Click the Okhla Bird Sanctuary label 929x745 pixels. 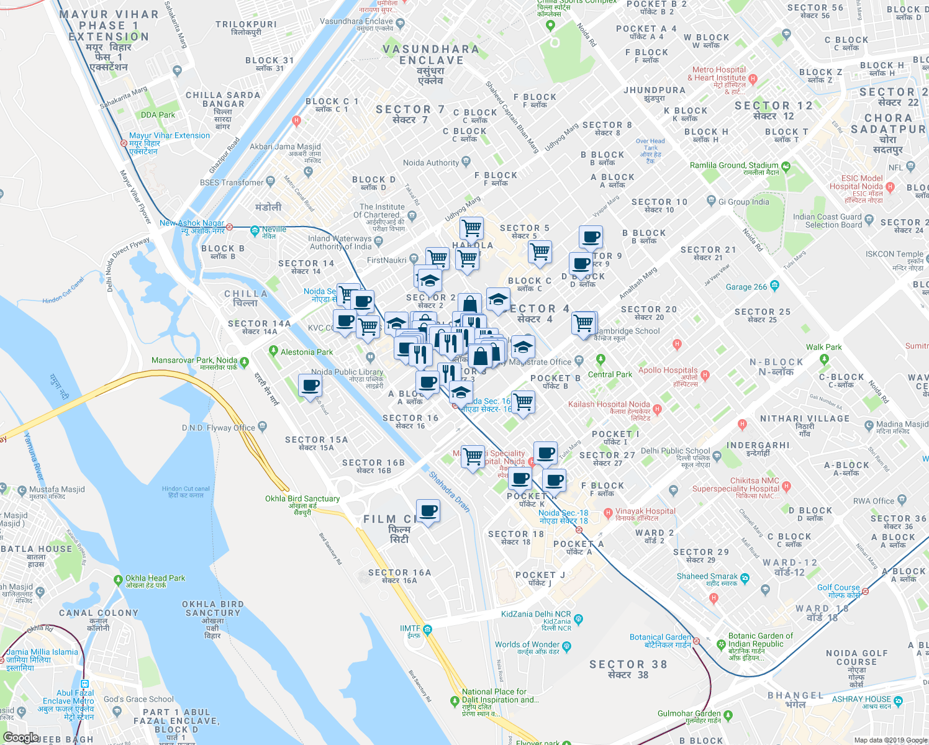click(302, 499)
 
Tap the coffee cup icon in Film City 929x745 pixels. click(428, 512)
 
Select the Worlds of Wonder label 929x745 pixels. click(527, 644)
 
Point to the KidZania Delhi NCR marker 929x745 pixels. click(578, 619)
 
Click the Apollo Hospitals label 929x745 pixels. click(668, 371)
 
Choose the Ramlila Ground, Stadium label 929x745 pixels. click(734, 166)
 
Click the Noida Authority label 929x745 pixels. click(431, 163)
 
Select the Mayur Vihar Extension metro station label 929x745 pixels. click(169, 135)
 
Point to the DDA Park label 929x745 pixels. click(158, 115)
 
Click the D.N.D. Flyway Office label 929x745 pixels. click(218, 428)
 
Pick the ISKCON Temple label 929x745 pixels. click(894, 254)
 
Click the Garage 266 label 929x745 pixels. click(746, 287)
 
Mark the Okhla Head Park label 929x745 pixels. click(155, 578)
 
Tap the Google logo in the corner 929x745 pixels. click(20, 737)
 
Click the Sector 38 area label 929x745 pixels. click(628, 665)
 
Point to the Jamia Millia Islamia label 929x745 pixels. click(42, 652)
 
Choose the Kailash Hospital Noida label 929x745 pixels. click(609, 404)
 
